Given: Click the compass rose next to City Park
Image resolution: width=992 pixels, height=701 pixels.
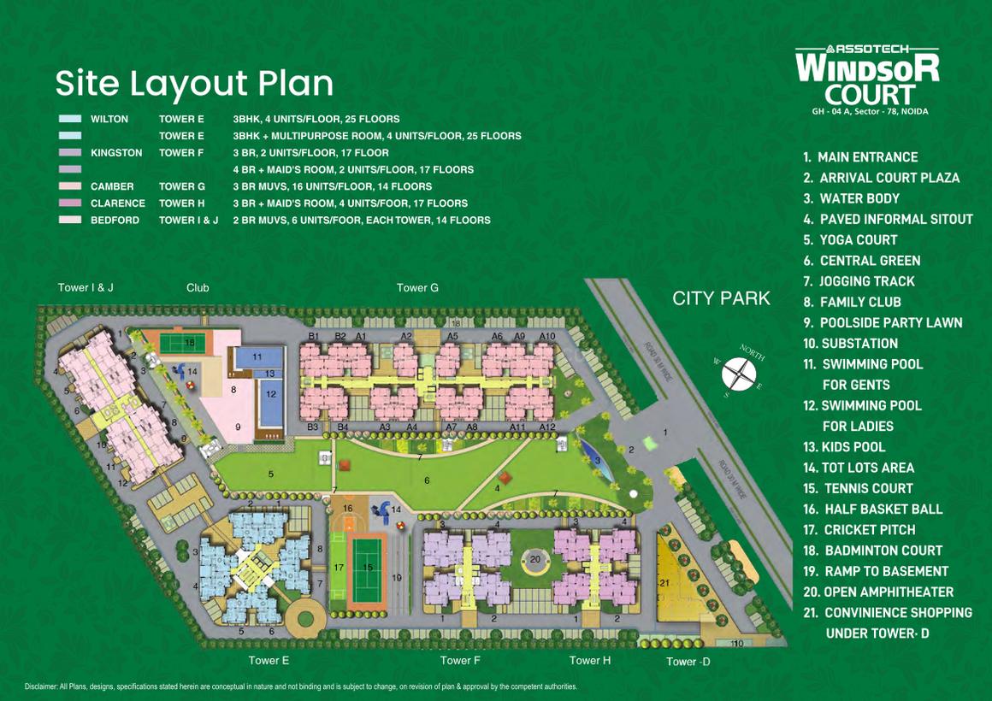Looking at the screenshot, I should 740,374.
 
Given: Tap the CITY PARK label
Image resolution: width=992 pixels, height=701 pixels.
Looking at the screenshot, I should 721,298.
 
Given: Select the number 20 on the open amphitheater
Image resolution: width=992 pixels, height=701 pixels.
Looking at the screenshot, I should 534,560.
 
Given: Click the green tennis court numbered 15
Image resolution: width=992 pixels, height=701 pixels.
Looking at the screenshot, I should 369,568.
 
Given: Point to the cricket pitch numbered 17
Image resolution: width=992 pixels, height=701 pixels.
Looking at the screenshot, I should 340,568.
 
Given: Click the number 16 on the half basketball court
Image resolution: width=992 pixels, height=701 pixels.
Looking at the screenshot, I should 347,509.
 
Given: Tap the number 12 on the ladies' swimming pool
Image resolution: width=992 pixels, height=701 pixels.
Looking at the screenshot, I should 271,394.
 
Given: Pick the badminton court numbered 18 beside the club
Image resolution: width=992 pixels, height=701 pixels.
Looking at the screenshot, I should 190,343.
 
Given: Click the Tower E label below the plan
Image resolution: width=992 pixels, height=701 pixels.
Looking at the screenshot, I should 269,660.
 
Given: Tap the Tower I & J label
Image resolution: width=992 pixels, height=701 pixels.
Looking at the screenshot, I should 86,288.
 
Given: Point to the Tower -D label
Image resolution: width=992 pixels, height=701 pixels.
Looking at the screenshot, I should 688,661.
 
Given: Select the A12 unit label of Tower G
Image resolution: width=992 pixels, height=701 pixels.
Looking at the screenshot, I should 547,427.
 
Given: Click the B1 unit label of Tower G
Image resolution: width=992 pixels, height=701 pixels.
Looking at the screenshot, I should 313,337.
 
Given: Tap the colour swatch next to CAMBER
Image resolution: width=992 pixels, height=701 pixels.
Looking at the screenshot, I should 70,186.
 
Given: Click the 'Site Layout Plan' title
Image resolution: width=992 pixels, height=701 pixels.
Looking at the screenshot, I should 194,84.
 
